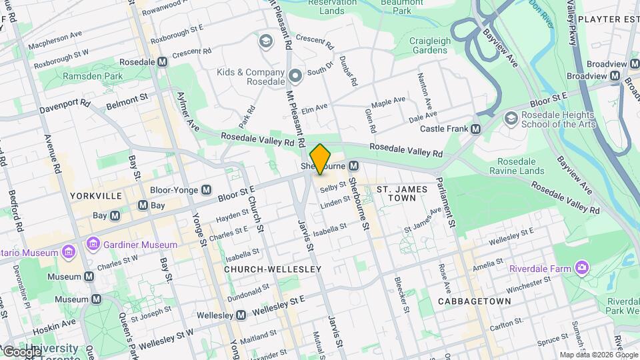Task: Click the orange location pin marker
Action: point(320,159)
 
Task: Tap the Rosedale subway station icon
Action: point(162,61)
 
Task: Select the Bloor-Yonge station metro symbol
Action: point(207,190)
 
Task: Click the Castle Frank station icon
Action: point(475,129)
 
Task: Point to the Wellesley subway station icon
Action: point(241,315)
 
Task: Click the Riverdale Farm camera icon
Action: point(583,268)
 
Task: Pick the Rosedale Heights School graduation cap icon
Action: point(511,118)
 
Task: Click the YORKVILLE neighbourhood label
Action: point(95,196)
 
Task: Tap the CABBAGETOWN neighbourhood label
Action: point(474,301)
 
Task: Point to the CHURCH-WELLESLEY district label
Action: point(273,269)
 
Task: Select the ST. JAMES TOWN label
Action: point(401,194)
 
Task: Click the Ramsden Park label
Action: point(93,77)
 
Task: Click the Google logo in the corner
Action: point(21,352)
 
